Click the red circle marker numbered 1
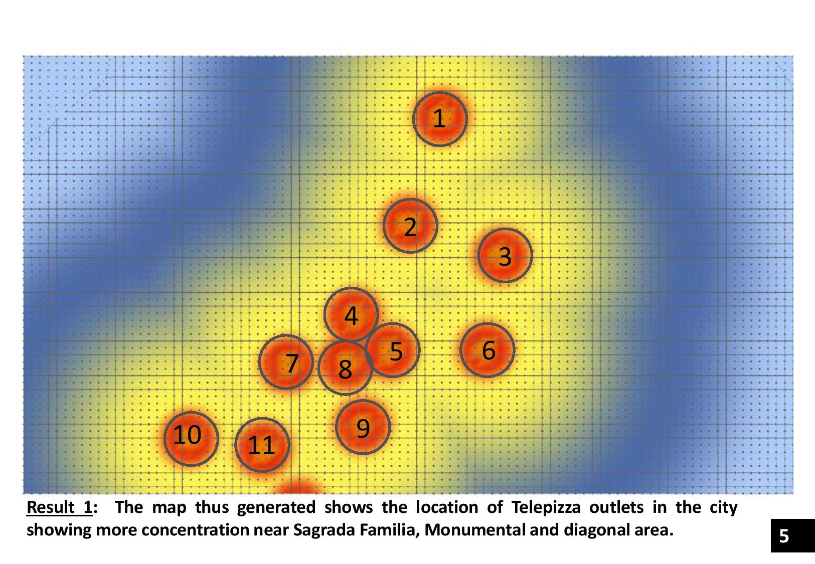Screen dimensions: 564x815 pos(440,119)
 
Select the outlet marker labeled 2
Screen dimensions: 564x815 pos(410,226)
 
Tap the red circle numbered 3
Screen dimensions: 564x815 pos(505,255)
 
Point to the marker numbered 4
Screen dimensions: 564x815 pos(351,314)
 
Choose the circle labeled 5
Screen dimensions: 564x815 pos(394,350)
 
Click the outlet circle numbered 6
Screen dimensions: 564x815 pos(487,350)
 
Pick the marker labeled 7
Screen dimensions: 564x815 pos(286,361)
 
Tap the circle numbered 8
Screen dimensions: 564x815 pos(345,368)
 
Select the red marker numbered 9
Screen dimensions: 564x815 pos(363,427)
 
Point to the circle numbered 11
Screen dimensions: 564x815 pos(262,444)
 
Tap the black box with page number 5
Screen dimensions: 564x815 pos(792,535)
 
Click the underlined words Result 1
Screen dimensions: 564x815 pos(59,507)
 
